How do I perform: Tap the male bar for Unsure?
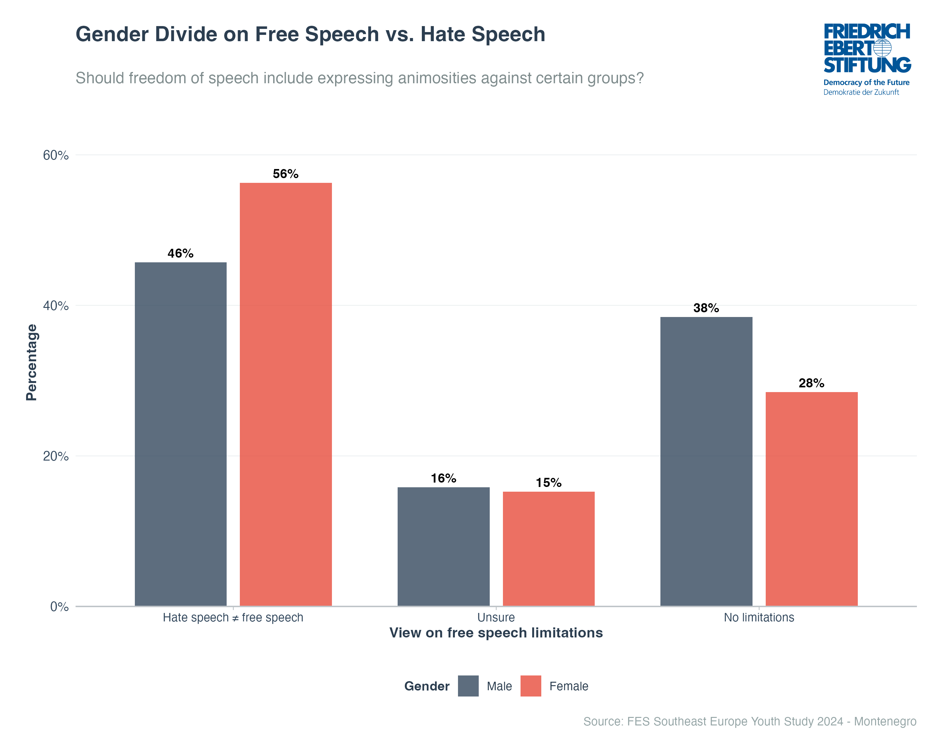tap(444, 546)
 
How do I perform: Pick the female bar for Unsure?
tap(549, 549)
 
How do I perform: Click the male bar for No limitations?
tap(706, 461)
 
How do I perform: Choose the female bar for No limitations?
tap(811, 499)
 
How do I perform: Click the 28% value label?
tap(811, 383)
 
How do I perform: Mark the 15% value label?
tap(549, 483)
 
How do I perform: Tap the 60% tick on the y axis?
tap(56, 155)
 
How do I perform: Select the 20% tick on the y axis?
tap(56, 456)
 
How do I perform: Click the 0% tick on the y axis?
tap(59, 607)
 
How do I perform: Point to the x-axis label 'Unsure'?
tap(496, 618)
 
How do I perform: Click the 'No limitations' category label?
tap(759, 618)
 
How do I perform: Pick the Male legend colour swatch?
tap(468, 686)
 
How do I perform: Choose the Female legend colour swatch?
tap(531, 686)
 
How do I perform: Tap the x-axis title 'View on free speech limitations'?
tap(496, 633)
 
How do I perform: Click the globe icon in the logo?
tap(882, 48)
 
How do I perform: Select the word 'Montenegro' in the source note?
tap(885, 721)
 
